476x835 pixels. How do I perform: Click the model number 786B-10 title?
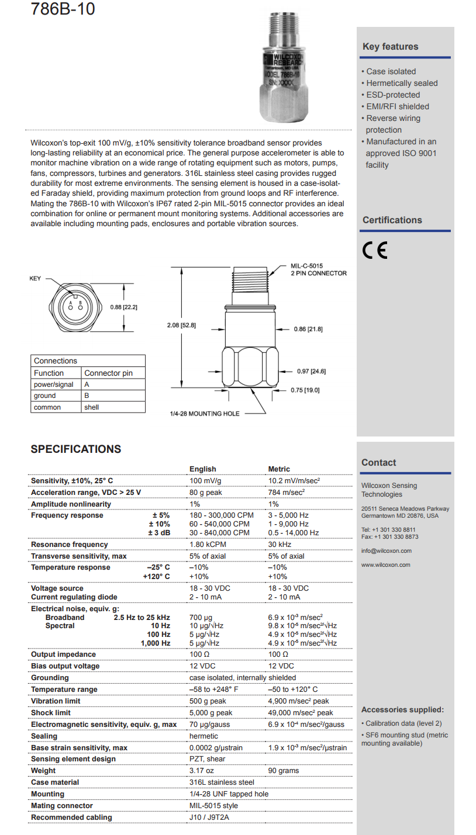pos(63,11)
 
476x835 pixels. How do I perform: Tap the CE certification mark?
pos(374,250)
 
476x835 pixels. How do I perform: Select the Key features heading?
pos(390,47)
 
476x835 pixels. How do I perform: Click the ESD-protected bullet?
pos(393,95)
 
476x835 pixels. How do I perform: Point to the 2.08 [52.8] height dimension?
pos(181,325)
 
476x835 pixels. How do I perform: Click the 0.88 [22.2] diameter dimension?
pos(123,307)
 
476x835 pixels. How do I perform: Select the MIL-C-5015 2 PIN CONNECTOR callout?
pos(318,269)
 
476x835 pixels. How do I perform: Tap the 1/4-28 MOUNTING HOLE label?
pos(204,414)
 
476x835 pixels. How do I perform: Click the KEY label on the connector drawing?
pos(36,279)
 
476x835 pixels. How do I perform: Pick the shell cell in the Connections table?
pos(92,407)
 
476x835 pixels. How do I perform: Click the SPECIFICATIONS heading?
pos(75,449)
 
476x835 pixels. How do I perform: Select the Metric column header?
pos(279,469)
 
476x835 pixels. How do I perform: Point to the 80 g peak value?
pos(206,493)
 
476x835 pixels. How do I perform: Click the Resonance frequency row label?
pos(69,545)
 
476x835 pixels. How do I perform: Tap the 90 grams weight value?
pos(284,771)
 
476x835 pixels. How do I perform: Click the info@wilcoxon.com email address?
pos(386,550)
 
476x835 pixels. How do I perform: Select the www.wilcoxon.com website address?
pos(385,565)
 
